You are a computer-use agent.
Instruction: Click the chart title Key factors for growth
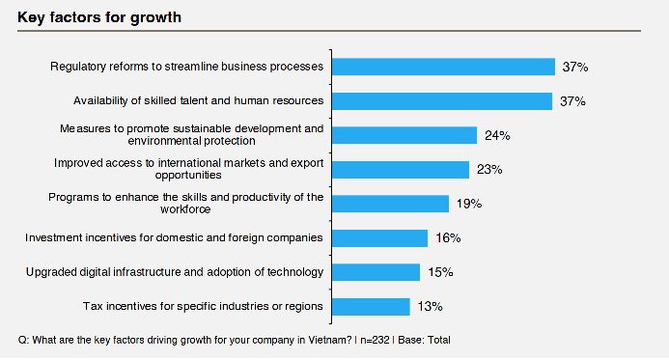click(x=99, y=17)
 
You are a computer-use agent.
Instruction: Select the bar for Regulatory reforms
click(x=443, y=67)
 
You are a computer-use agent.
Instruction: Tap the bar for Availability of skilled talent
click(x=442, y=101)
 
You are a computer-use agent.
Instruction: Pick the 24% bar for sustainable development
click(x=404, y=135)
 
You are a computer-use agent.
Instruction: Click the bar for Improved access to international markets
click(x=401, y=170)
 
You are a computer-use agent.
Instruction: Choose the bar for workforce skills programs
click(x=390, y=204)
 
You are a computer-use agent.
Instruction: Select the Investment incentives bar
click(x=379, y=238)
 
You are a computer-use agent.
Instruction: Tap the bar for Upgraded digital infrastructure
click(x=376, y=272)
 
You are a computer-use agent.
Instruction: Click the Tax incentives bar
click(x=371, y=307)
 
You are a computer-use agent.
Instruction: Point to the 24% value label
click(x=497, y=136)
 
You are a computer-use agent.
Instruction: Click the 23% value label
click(x=489, y=170)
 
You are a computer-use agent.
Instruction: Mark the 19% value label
click(x=469, y=204)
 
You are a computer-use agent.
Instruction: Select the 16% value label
click(x=448, y=238)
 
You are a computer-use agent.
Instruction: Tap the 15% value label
click(x=440, y=272)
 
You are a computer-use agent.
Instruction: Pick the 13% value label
click(x=431, y=307)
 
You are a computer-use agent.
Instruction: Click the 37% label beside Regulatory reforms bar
click(x=575, y=67)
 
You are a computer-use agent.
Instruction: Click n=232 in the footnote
click(x=375, y=340)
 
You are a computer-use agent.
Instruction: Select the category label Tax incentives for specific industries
click(x=203, y=307)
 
